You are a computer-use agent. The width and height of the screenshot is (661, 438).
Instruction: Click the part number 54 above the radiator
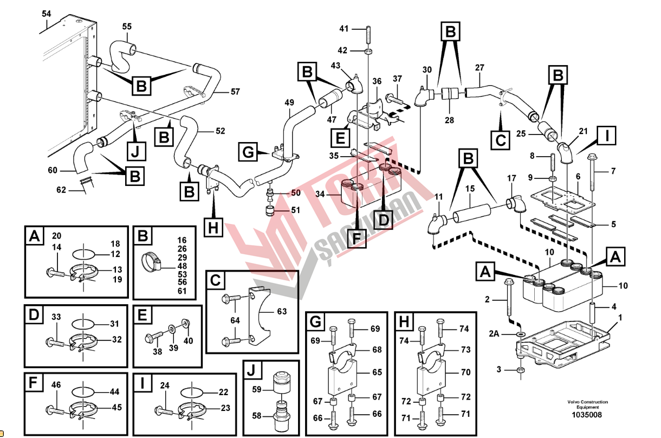(x=46, y=14)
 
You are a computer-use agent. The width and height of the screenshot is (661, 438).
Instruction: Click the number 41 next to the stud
(x=344, y=28)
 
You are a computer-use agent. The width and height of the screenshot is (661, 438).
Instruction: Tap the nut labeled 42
(x=368, y=51)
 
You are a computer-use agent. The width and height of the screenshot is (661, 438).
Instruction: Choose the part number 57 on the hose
(x=235, y=92)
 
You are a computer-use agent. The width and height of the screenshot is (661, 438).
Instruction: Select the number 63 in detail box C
(x=282, y=312)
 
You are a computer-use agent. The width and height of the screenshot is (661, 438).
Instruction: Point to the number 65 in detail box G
(x=377, y=372)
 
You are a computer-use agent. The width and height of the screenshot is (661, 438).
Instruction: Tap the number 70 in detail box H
(x=465, y=372)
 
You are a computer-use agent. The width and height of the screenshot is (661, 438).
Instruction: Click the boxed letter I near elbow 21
(x=607, y=136)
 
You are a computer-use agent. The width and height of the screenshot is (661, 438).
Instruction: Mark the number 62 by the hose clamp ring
(x=60, y=190)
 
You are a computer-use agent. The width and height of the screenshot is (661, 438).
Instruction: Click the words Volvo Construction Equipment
(x=587, y=404)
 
